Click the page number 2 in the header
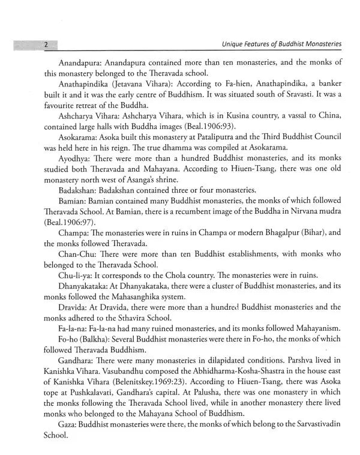(x=46, y=44)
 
